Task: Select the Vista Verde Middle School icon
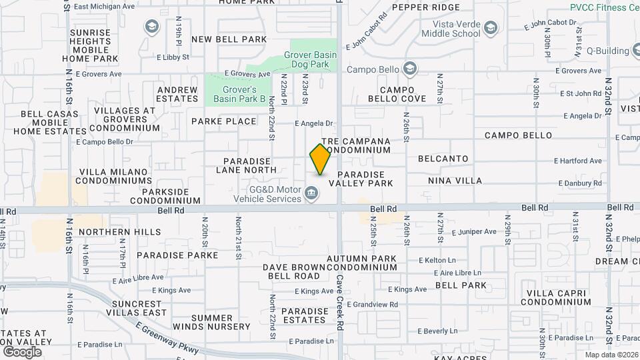[491, 27]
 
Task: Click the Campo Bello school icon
[409, 68]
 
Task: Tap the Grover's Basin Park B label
[239, 94]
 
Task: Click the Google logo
[22, 351]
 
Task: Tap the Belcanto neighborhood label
[443, 159]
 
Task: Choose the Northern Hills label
[119, 232]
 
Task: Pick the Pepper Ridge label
[426, 7]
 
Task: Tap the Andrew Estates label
[177, 94]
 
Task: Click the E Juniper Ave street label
[474, 232]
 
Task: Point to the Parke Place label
[223, 121]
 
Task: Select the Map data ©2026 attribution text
[611, 355]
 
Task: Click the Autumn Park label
[361, 258]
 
